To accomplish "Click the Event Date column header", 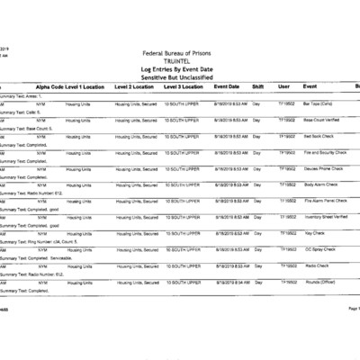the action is coord(226,86).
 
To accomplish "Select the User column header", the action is coord(283,86).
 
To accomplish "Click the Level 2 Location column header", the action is coord(135,86).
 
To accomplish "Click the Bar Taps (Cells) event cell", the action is coord(319,103).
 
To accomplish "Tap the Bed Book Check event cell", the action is coord(319,136).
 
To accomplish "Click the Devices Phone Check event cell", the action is coord(323,168).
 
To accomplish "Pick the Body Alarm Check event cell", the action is coord(321,184).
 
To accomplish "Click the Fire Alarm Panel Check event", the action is coord(325,201).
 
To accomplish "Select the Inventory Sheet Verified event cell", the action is coord(325,217).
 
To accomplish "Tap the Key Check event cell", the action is coord(314,233).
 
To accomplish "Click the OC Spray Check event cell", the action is coord(319,249).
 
